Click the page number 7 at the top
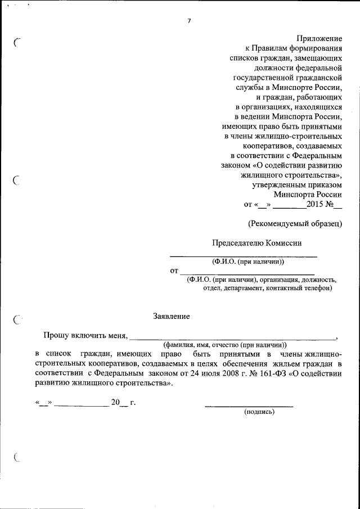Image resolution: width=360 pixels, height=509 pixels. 189,21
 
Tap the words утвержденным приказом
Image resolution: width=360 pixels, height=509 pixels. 297,184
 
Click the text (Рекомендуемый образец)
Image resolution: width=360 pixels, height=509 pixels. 295,223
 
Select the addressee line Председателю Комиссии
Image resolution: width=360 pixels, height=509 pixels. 256,243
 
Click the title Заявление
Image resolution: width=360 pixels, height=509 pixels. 172,316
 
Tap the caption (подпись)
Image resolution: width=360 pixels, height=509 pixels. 259,412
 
